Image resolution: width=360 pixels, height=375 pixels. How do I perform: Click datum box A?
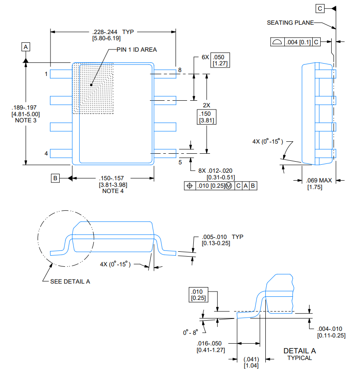point(26,47)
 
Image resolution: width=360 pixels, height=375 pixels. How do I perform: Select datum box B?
point(55,178)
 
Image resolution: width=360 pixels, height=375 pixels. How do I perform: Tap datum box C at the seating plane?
point(320,8)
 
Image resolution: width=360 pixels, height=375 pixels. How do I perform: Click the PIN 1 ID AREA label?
point(137,49)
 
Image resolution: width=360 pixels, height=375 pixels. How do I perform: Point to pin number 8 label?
point(180,70)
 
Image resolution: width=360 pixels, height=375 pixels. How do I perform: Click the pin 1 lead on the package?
point(61,74)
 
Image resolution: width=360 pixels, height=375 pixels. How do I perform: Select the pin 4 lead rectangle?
point(61,153)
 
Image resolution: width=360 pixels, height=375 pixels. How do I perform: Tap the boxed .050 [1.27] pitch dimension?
point(220,60)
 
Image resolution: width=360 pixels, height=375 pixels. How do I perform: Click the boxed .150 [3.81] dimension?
point(207,117)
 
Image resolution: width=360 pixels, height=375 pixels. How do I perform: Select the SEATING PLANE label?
point(290,23)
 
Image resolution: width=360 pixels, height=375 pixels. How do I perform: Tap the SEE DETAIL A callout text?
point(70,281)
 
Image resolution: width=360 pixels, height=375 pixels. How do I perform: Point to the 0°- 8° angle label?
point(191,333)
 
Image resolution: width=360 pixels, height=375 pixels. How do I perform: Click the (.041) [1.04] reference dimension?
point(251,362)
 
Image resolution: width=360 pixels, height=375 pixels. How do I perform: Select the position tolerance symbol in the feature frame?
point(190,186)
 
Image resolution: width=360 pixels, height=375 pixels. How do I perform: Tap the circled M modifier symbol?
point(229,186)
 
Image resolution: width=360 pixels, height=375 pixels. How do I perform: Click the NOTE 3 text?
point(26,120)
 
